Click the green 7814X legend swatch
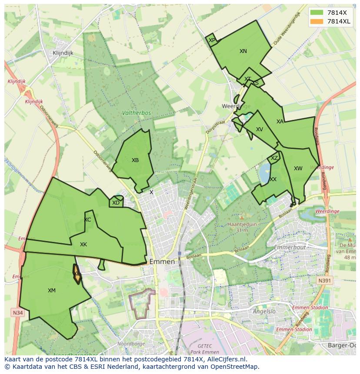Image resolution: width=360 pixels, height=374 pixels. click(317, 13)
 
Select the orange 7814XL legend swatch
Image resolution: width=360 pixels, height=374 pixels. click(317, 21)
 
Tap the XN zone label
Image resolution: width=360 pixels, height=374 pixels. click(243, 51)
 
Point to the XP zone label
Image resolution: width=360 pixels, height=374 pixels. click(212, 40)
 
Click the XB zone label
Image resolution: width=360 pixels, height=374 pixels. click(135, 160)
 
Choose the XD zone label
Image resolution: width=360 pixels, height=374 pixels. click(116, 203)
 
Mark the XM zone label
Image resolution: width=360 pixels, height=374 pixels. click(52, 291)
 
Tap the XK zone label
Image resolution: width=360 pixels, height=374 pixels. click(83, 245)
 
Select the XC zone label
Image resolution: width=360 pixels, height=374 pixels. click(87, 220)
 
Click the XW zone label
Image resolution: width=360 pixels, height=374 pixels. click(298, 169)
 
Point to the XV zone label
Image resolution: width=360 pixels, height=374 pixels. click(260, 129)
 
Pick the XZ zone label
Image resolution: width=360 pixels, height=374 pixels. click(274, 159)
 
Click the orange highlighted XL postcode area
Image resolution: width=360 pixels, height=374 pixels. click(77, 274)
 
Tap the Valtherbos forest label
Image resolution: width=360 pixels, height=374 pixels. click(137, 113)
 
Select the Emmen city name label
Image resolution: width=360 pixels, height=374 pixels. click(162, 262)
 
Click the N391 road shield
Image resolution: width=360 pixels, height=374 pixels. click(324, 281)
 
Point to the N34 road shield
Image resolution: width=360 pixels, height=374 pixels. click(17, 312)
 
